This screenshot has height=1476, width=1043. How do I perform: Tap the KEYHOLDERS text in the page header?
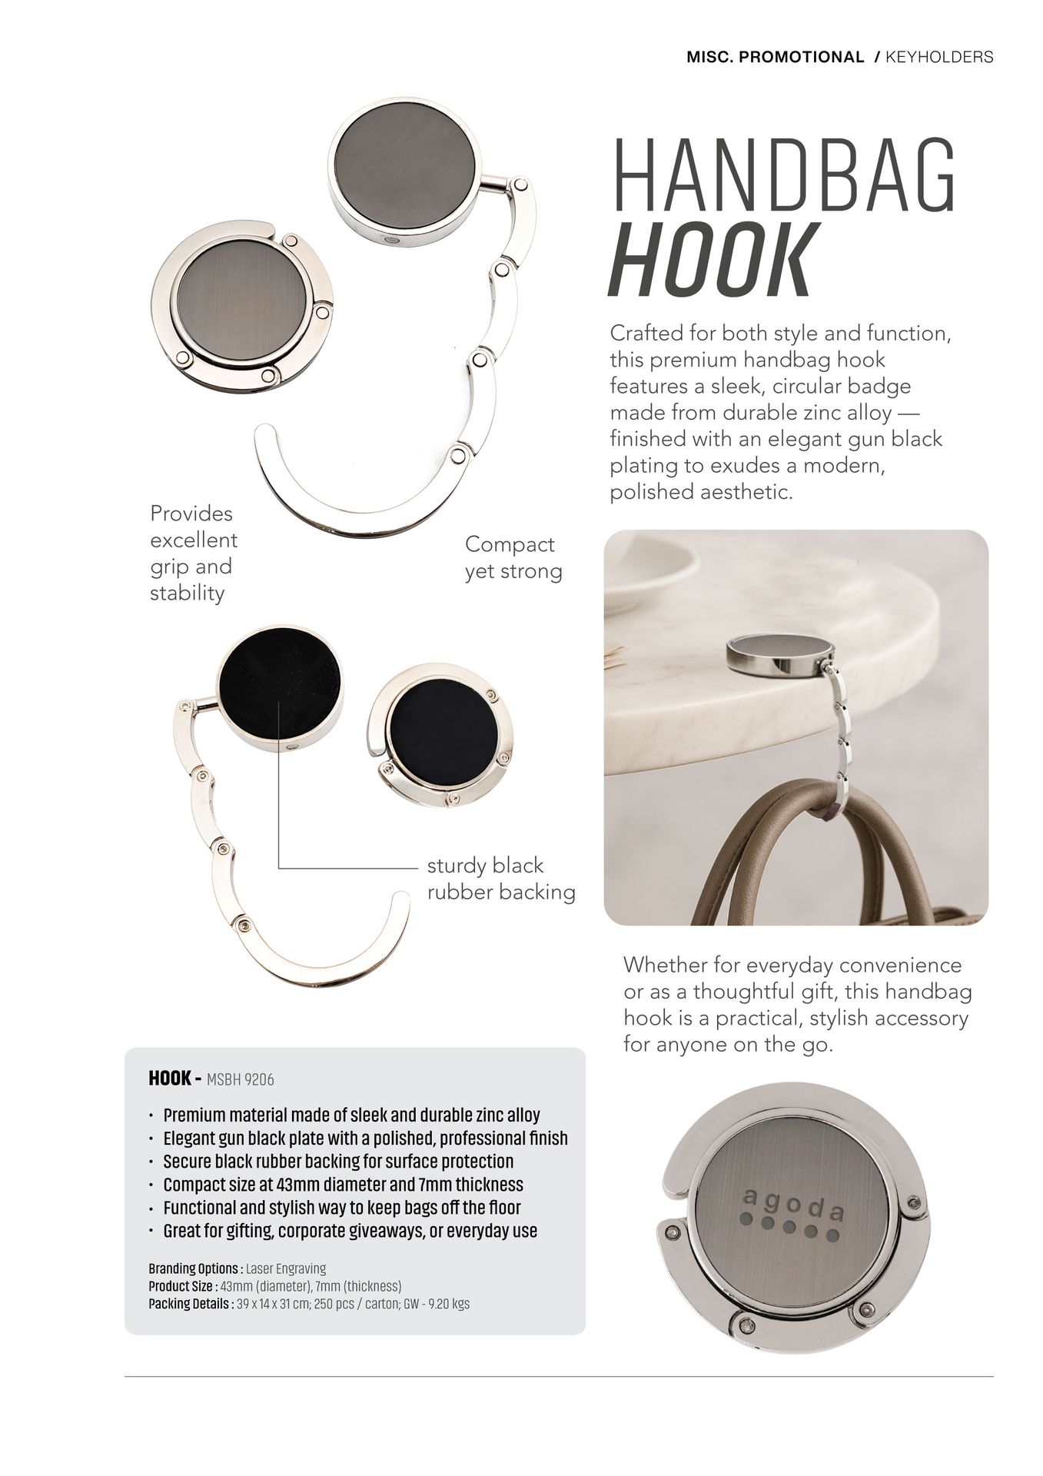939,57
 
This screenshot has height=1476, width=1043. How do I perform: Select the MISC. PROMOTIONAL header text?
775,57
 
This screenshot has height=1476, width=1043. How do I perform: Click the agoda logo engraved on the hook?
794,1216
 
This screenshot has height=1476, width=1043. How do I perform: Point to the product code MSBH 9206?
241,1079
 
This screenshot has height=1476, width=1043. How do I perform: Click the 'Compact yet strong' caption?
513,557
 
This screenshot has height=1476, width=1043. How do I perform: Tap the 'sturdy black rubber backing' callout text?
500,879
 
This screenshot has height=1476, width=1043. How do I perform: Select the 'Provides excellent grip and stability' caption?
193,553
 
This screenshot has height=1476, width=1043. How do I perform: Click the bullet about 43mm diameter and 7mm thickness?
343,1184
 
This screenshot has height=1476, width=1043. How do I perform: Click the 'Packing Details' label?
189,1304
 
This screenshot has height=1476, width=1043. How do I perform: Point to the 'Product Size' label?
182,1286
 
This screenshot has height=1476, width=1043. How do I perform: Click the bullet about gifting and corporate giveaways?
350,1230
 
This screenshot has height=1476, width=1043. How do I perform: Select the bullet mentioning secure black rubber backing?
338,1161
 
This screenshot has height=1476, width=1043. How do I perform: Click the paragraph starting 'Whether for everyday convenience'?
796,1004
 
